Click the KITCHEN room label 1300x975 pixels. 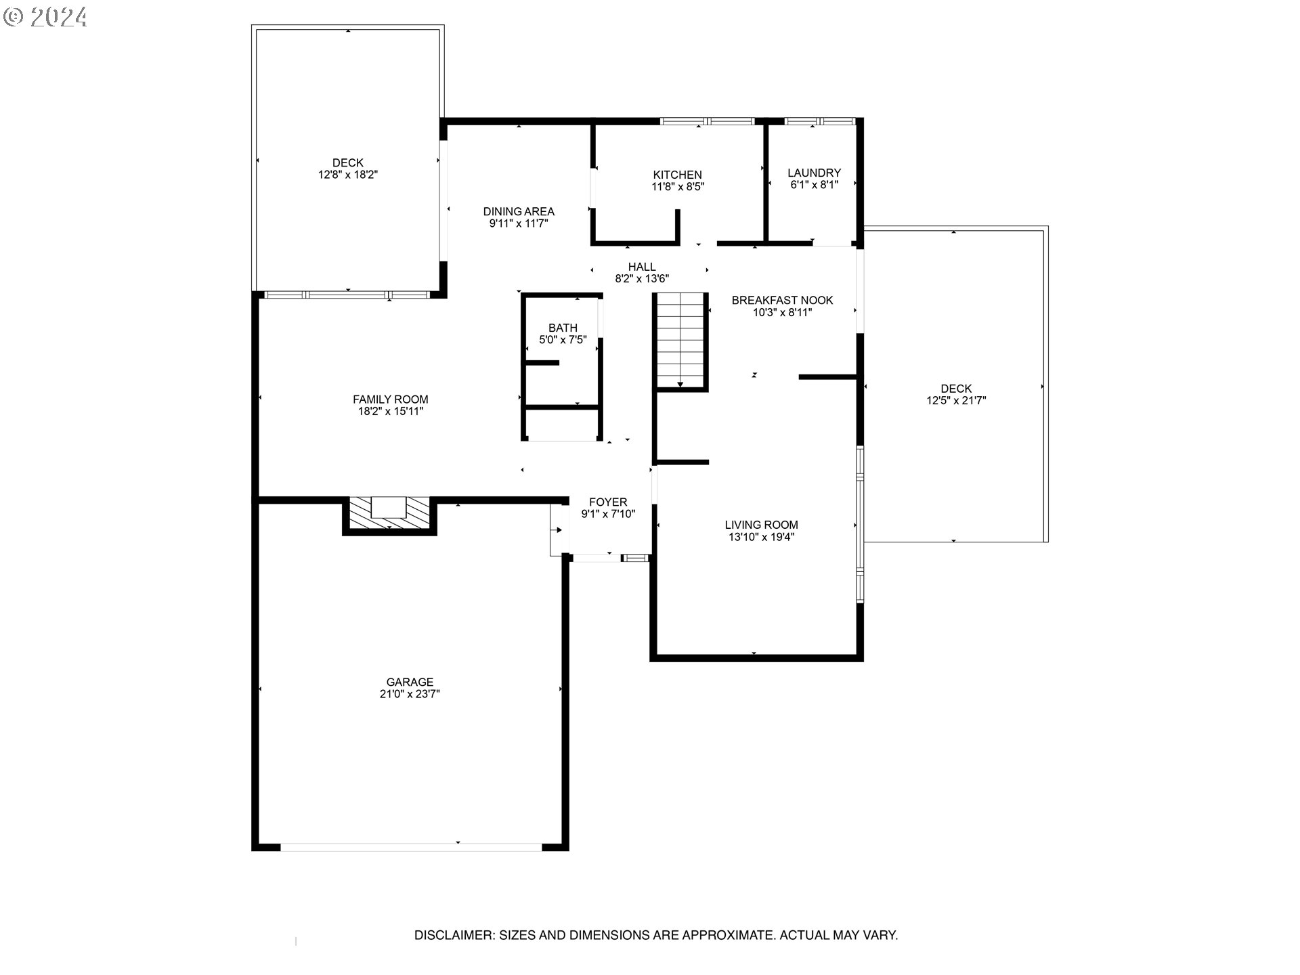pos(677,175)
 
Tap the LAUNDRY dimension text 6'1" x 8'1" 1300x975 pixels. pos(814,185)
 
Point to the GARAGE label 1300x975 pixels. pos(410,682)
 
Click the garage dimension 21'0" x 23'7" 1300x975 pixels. pos(410,694)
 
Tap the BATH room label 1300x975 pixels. pos(563,328)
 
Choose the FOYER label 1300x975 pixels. pos(608,502)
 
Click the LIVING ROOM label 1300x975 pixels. pos(761,525)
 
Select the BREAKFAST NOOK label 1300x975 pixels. pos(782,300)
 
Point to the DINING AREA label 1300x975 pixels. pos(519,211)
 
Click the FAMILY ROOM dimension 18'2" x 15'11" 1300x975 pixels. pos(391,411)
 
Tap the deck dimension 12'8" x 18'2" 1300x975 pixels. pos(348,175)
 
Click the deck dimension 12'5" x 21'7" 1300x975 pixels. pos(956,400)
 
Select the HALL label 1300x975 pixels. pos(641,267)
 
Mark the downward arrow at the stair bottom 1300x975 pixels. pos(680,385)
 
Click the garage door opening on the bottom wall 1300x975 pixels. pos(411,846)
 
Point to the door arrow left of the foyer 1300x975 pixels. pos(559,529)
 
